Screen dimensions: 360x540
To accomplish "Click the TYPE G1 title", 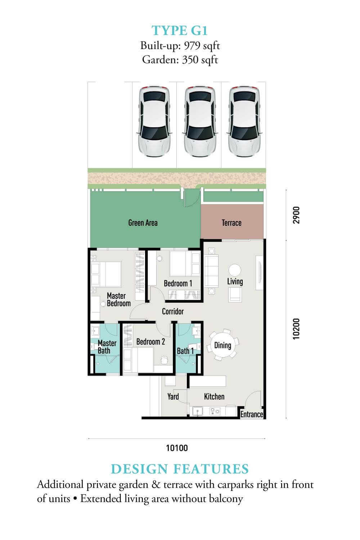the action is [x=180, y=31].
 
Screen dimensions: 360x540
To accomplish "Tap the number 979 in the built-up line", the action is [x=192, y=46].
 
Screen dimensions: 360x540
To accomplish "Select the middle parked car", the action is [x=200, y=122].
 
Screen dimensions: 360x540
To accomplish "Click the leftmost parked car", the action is [x=154, y=122].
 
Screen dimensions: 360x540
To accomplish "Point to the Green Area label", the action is [x=143, y=223].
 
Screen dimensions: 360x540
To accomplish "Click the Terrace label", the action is [x=231, y=223].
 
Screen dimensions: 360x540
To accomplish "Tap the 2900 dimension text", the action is [x=296, y=215].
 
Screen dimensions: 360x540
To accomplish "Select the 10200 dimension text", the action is [x=296, y=329].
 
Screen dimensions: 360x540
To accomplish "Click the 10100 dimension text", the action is [x=177, y=448].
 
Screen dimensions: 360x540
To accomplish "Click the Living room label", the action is [x=235, y=282].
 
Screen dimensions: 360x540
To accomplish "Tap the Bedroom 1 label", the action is [x=178, y=283].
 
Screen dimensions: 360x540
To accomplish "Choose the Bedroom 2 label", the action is [x=150, y=342].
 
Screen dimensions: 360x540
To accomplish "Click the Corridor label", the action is [x=173, y=311].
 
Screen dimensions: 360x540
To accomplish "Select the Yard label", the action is [x=173, y=397].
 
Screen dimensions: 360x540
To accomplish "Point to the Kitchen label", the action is [x=214, y=397].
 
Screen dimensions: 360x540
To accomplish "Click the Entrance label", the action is [x=252, y=414].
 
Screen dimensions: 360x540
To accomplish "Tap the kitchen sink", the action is [x=198, y=411].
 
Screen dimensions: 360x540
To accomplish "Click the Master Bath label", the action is [x=107, y=347].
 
